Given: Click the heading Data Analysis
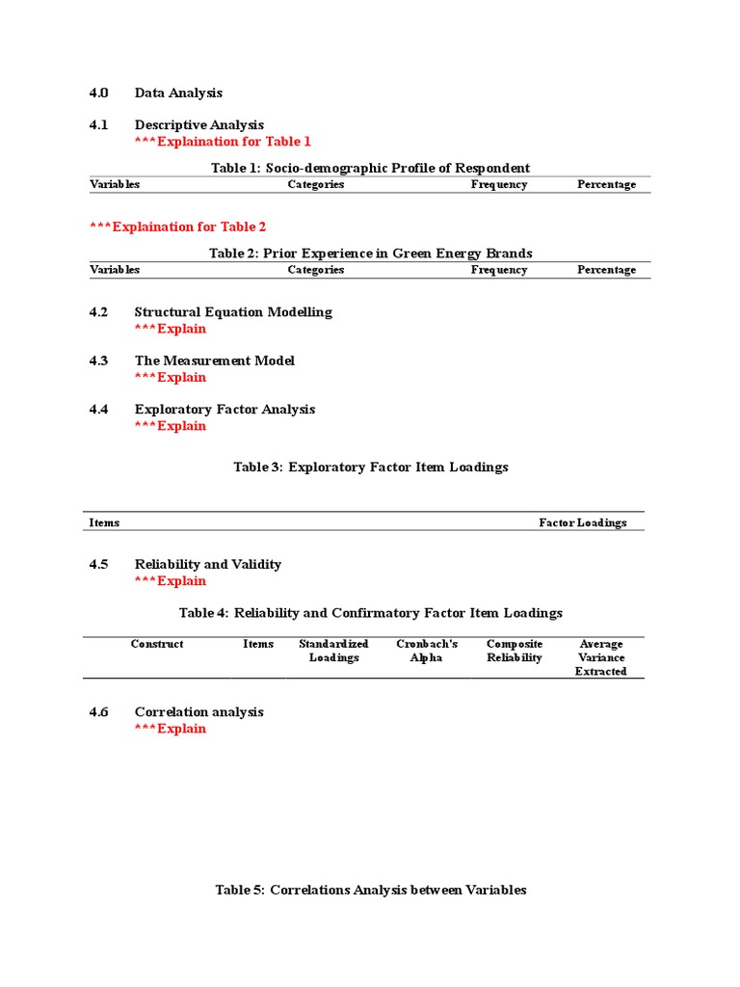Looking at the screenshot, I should click(x=178, y=93).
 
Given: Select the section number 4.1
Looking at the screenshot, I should click(x=99, y=125).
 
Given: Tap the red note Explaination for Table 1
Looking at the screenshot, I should click(x=223, y=142).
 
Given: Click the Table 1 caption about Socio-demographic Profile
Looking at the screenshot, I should click(x=370, y=168).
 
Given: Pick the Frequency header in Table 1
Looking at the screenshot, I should click(x=498, y=185).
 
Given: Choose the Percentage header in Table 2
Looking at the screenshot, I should click(x=606, y=270).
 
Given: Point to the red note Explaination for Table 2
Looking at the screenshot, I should click(x=178, y=227).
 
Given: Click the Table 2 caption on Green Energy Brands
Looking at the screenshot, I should click(x=370, y=253).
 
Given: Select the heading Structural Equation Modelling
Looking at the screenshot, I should click(x=233, y=312).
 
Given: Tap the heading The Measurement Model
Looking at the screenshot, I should click(x=214, y=360).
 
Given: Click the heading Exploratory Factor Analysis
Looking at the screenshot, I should click(x=225, y=410).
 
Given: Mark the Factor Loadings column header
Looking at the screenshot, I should click(x=582, y=523).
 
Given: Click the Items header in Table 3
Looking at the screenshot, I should click(x=104, y=523).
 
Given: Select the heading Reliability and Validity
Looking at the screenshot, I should click(x=207, y=565).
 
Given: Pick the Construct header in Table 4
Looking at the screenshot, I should click(x=157, y=644).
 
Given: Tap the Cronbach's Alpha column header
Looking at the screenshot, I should click(x=427, y=651).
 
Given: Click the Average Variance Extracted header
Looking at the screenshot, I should click(x=600, y=657).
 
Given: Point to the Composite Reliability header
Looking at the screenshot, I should click(x=515, y=651).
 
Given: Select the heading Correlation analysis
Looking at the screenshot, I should click(x=198, y=712).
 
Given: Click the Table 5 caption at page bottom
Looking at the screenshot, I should click(x=370, y=891).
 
